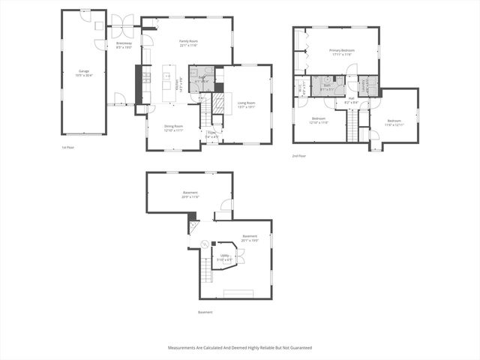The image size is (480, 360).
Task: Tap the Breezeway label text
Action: point(124,45)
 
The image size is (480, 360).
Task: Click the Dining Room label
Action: point(174,128)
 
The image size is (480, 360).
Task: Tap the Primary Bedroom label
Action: point(341,52)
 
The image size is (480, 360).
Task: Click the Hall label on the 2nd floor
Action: point(351,100)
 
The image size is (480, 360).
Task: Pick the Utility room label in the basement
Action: point(224,257)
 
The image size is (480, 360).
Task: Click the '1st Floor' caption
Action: point(68,148)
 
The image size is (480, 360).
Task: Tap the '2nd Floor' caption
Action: point(299,156)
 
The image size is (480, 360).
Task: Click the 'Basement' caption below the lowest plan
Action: point(205,312)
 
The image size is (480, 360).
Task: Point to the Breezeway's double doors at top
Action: point(122,20)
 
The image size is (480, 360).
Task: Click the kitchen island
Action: point(166,82)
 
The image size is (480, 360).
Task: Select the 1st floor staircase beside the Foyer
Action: point(204,117)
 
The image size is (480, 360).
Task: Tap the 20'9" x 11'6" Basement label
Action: point(190,194)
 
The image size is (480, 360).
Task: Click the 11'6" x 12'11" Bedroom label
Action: point(394,122)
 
